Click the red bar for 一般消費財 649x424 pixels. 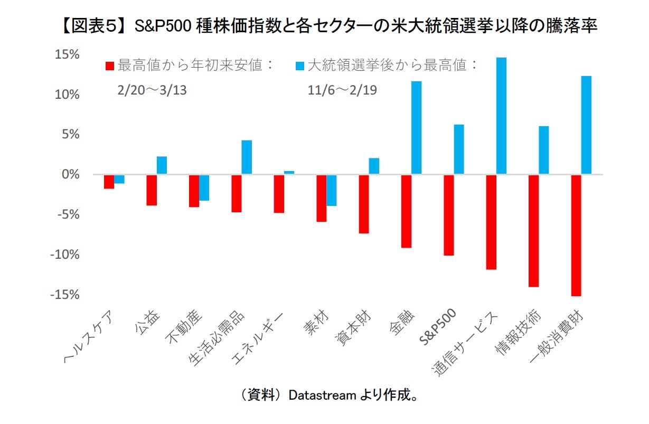click(576, 235)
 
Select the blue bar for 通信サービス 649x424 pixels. click(502, 116)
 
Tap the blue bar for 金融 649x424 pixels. click(417, 127)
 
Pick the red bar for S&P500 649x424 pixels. click(448, 215)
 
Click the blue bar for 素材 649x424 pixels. click(332, 190)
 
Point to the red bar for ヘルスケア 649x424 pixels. click(109, 181)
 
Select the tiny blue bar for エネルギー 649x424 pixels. click(289, 172)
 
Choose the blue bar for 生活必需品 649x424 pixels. click(247, 157)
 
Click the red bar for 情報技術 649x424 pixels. click(533, 230)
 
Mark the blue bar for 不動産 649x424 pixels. click(204, 187)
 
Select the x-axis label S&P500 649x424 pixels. click(440, 328)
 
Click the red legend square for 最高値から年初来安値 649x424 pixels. click(110, 66)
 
